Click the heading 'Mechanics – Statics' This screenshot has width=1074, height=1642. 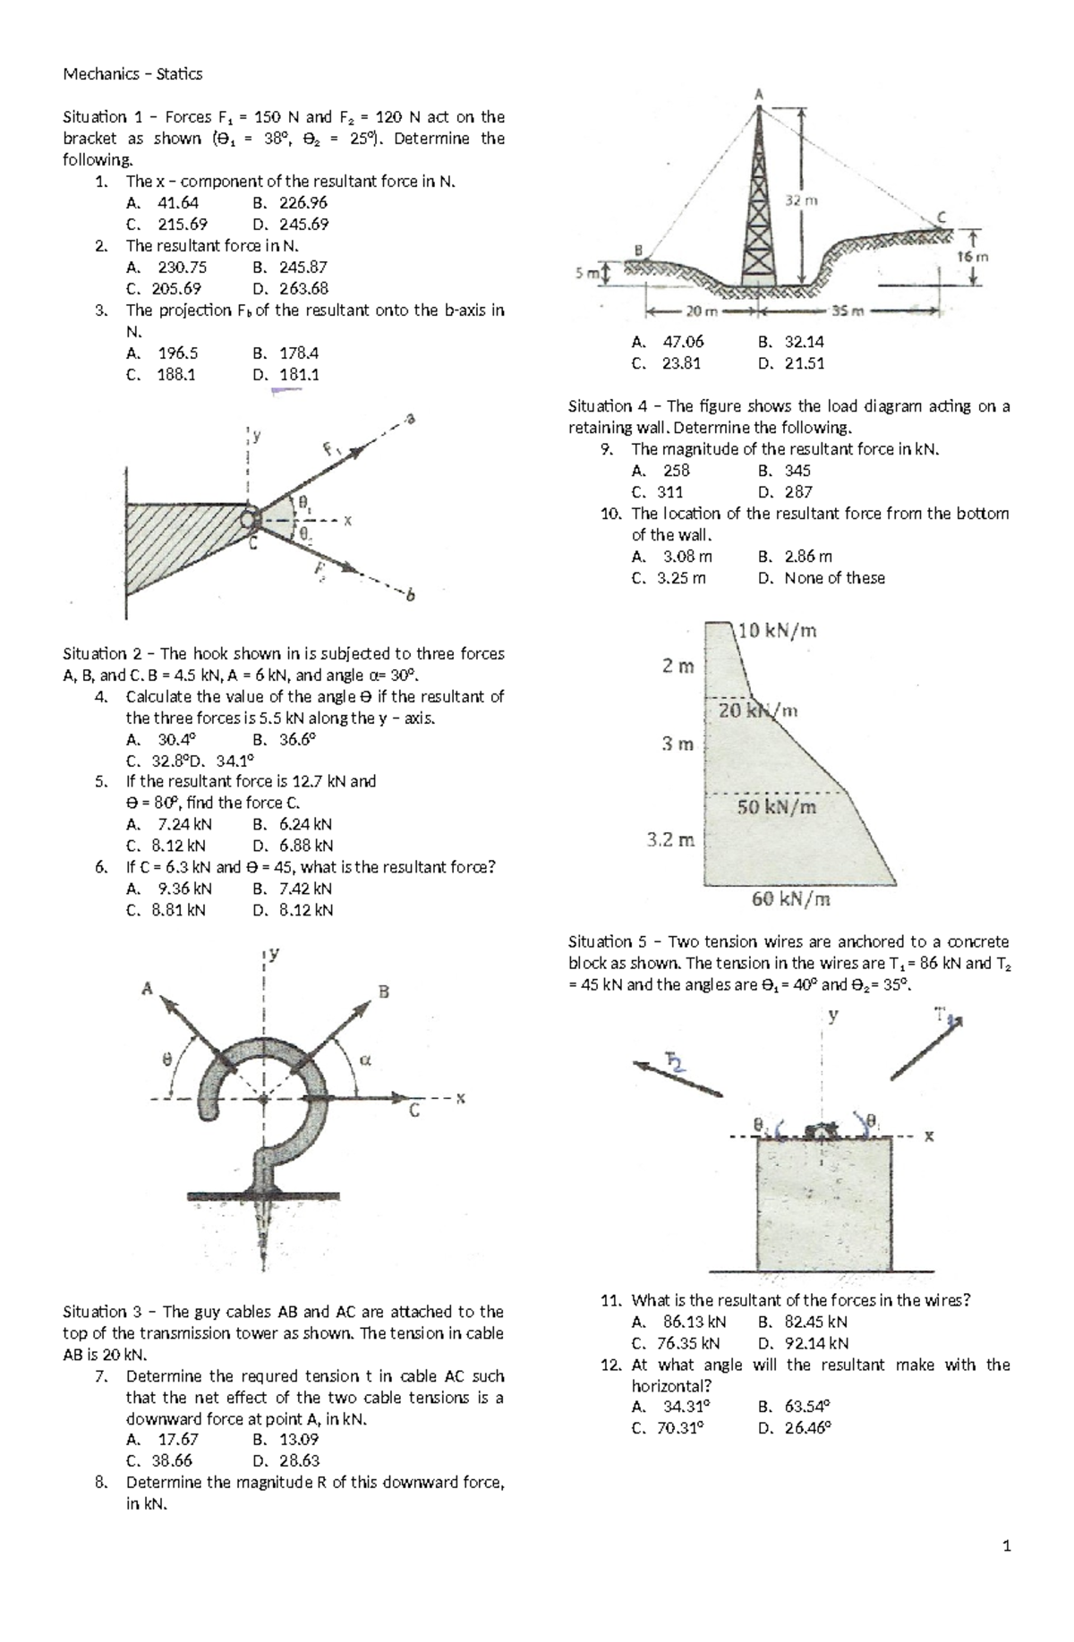click(132, 74)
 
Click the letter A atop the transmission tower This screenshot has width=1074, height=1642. click(759, 93)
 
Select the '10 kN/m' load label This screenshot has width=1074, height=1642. click(778, 631)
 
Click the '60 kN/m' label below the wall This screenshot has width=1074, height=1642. click(790, 899)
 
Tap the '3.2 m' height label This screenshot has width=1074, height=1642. click(670, 840)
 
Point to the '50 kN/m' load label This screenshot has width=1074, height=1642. click(777, 806)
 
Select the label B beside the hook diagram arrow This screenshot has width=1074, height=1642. click(384, 991)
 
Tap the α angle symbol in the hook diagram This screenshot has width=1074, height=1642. click(364, 1059)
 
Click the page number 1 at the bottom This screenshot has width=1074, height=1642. click(1007, 1545)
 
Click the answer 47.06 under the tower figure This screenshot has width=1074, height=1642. click(683, 342)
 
